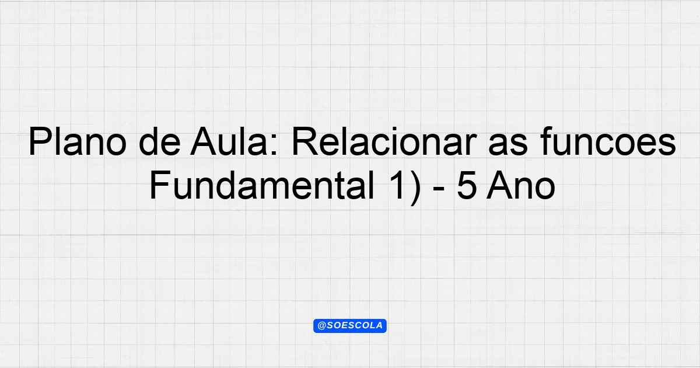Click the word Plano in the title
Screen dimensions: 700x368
(x=78, y=141)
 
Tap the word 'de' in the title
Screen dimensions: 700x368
(x=159, y=141)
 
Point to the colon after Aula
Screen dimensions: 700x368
(x=274, y=145)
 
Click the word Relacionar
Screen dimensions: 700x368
(x=384, y=141)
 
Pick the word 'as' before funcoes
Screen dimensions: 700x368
(x=508, y=145)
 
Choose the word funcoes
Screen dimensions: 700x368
(x=608, y=141)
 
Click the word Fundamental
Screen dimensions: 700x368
(x=262, y=185)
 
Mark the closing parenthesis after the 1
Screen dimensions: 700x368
(x=414, y=187)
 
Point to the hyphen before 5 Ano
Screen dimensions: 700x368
(x=439, y=190)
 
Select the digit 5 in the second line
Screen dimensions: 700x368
(x=467, y=185)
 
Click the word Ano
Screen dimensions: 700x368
(x=520, y=185)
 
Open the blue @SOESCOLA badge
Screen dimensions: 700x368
(x=350, y=326)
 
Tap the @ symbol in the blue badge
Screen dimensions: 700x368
(x=322, y=326)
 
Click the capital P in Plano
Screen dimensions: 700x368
(x=40, y=141)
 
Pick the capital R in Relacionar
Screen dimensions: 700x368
(x=304, y=141)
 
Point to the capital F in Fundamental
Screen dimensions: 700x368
(x=160, y=185)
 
